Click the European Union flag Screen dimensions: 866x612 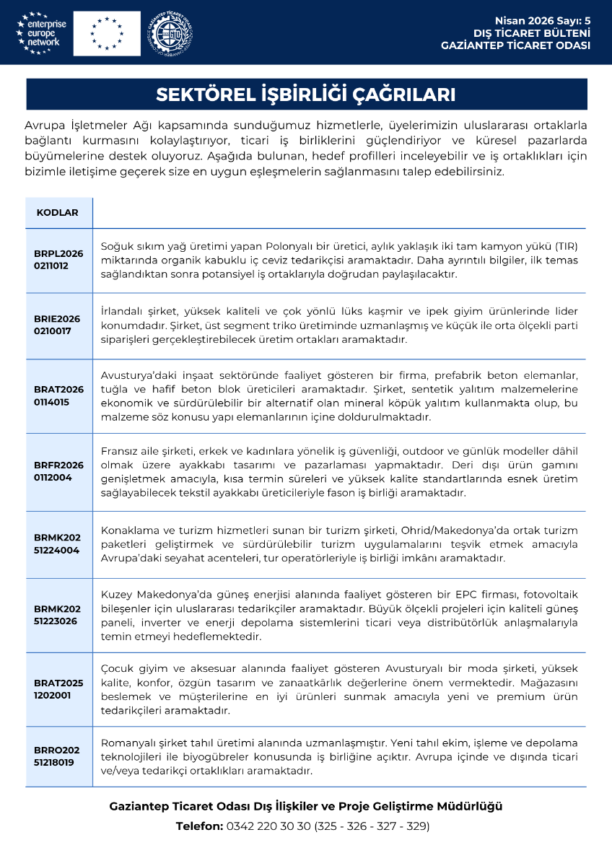click(106, 33)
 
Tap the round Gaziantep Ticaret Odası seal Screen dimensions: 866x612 click(171, 33)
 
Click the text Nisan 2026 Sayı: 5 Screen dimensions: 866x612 click(542, 21)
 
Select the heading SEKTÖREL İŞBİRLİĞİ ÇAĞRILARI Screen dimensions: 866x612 click(306, 95)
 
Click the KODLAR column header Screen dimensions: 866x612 click(57, 212)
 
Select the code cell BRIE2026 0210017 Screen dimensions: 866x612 click(58, 325)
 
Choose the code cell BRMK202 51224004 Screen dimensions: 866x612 click(58, 544)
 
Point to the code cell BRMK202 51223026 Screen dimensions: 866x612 click(58, 615)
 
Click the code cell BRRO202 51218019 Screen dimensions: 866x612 click(58, 756)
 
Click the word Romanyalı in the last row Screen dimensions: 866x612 click(126, 742)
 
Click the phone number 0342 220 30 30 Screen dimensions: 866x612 click(268, 826)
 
